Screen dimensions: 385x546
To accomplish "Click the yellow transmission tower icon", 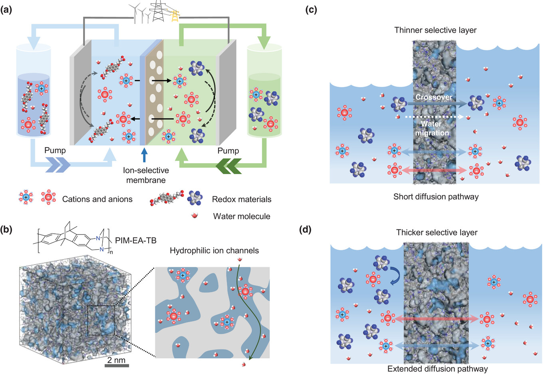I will [175, 15].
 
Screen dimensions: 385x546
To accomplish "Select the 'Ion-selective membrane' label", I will [146, 175].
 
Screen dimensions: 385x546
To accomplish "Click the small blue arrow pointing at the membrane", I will [145, 154].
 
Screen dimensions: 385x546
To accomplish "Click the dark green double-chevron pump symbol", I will [228, 166].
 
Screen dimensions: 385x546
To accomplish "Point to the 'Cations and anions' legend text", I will [97, 199].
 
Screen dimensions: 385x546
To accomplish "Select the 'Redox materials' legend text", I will [241, 199].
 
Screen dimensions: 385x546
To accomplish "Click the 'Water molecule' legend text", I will [241, 216].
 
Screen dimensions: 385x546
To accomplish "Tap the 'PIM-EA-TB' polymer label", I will [135, 240].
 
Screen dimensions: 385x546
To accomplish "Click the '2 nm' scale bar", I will [116, 365].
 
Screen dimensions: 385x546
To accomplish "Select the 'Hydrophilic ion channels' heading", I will [214, 251].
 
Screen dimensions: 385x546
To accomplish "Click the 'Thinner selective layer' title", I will [435, 30].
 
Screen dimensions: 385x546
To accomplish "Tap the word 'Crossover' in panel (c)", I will [433, 97].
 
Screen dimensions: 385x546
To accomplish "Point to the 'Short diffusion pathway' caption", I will [436, 196].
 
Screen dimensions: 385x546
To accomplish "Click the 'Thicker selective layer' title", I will [437, 232].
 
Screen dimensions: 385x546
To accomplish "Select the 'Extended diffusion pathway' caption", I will [437, 369].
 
